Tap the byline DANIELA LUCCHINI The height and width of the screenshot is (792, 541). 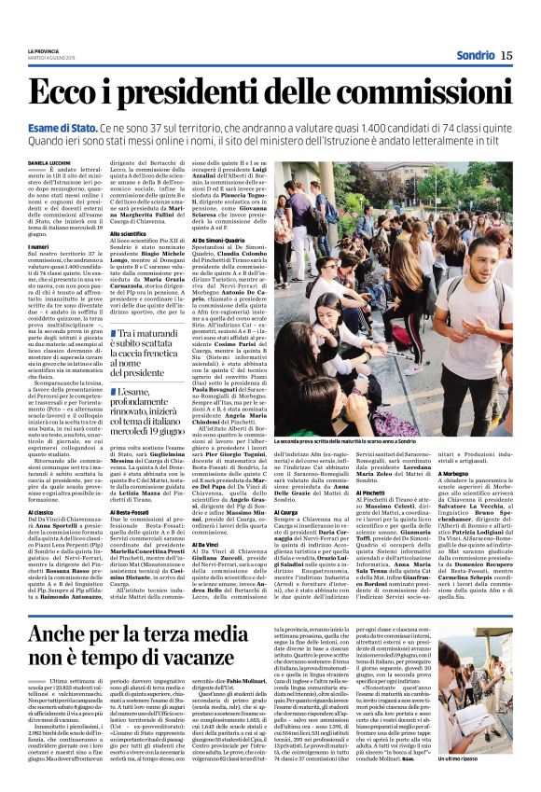pos(49,161)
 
